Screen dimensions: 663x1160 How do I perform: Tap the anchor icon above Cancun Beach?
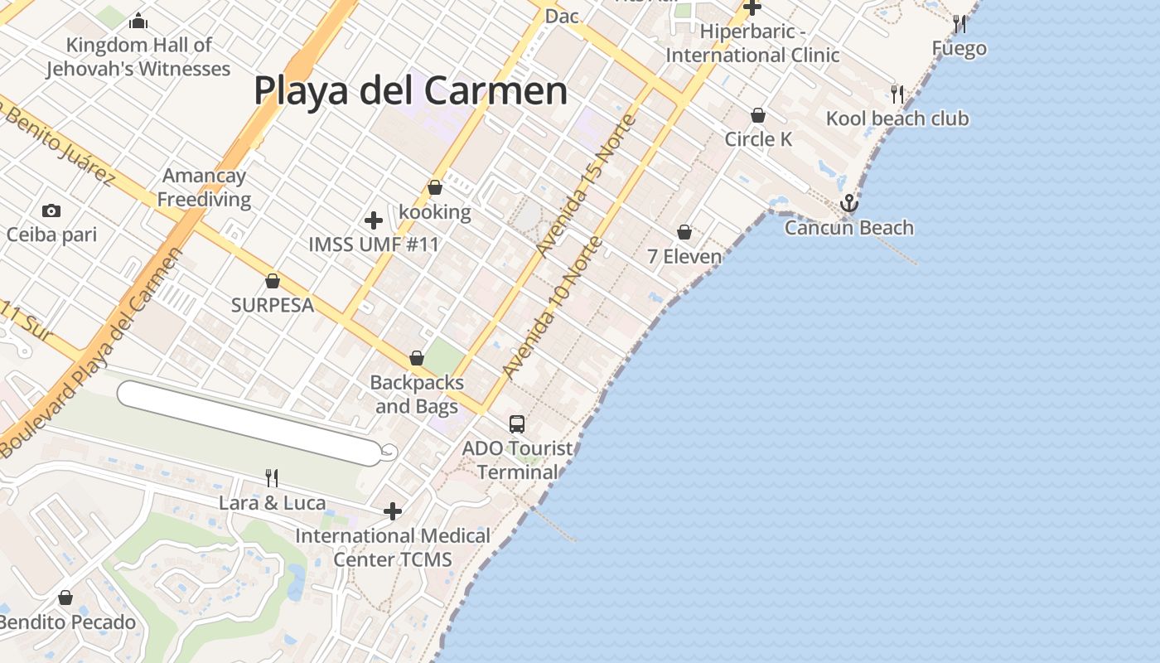coord(848,203)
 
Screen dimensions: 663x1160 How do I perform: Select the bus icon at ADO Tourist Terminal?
coord(517,424)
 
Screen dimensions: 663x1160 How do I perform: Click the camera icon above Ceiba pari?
coord(51,211)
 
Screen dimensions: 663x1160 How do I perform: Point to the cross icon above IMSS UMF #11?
coord(374,220)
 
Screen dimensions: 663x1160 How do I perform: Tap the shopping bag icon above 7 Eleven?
coord(684,232)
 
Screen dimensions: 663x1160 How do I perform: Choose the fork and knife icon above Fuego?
coord(959,24)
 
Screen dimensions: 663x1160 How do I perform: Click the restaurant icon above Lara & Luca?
coord(272,477)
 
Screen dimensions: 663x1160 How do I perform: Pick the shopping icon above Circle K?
coord(758,115)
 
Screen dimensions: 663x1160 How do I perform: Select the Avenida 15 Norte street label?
coord(587,185)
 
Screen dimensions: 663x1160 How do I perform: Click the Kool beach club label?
coord(897,119)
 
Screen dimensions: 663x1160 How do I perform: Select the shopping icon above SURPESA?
coord(273,281)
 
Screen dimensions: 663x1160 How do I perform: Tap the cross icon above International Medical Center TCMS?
coord(393,511)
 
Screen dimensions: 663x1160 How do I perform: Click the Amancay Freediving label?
coord(204,187)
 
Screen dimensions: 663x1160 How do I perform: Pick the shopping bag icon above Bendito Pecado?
coord(65,598)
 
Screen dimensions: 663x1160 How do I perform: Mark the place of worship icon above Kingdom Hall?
coord(138,21)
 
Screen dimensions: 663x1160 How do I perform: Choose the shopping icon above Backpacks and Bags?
coord(417,358)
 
